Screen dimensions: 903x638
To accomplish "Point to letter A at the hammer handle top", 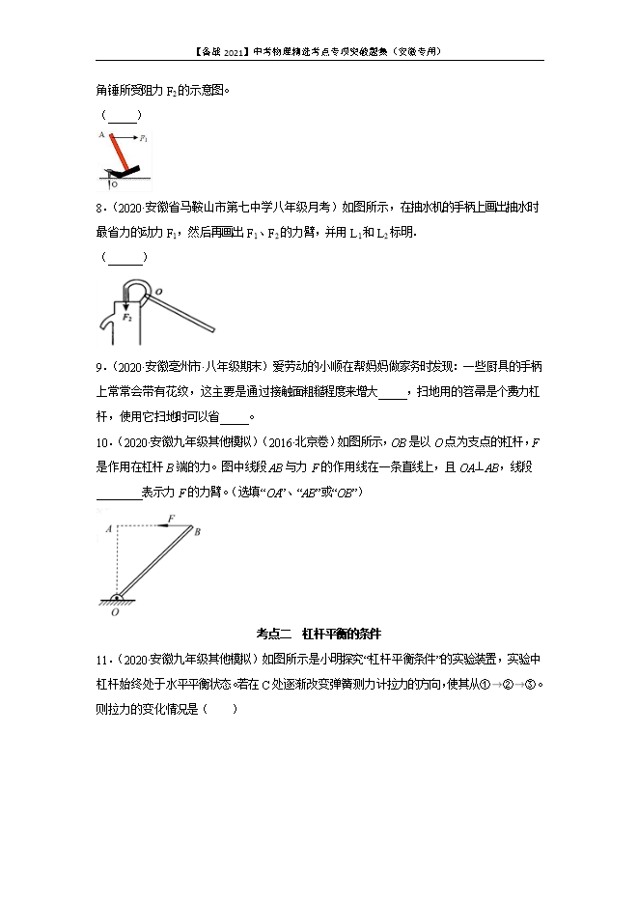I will [x=101, y=136].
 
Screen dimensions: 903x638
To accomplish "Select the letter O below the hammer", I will [x=116, y=183].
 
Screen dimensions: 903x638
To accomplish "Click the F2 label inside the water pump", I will [x=125, y=316].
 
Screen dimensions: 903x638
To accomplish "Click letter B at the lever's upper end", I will [x=197, y=531].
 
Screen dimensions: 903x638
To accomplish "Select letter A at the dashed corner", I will [x=109, y=526].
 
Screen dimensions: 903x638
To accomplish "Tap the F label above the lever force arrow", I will [x=171, y=518].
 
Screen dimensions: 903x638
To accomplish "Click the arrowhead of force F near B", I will [x=164, y=526].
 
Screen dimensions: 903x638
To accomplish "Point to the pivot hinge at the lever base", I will [x=117, y=596].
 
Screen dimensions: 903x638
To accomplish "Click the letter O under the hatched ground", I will [x=115, y=611].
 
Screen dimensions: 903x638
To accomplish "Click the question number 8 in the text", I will [x=99, y=206].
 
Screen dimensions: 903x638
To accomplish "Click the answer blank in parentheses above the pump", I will [x=124, y=257].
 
